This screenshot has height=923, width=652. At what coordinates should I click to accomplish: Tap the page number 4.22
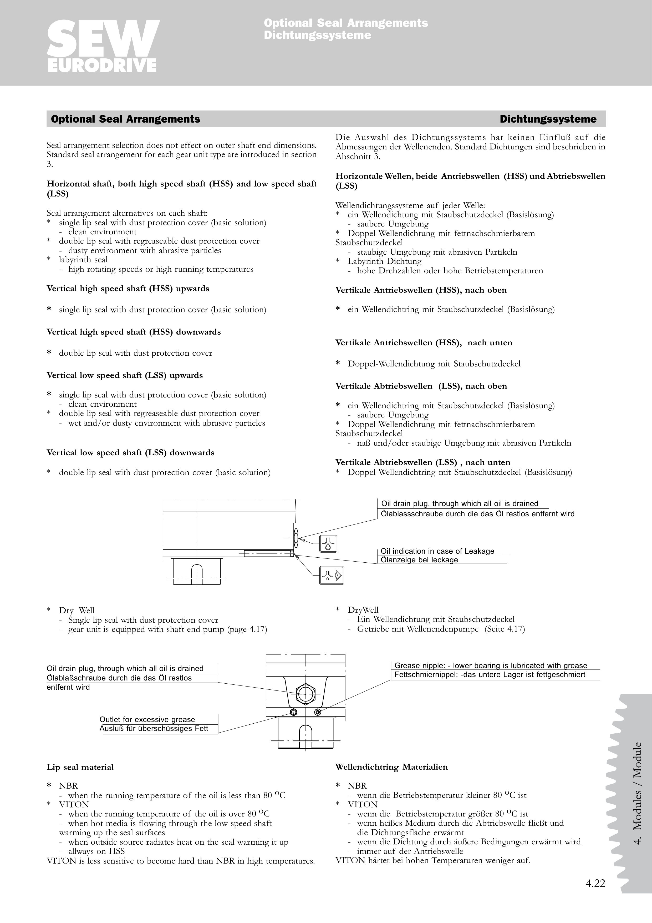pos(595,883)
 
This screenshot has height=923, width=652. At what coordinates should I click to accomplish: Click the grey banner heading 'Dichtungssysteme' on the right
pos(548,119)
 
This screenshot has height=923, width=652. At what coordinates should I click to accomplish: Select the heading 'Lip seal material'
pos(80,767)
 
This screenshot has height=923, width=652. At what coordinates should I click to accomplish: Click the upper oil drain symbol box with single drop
pos(328,544)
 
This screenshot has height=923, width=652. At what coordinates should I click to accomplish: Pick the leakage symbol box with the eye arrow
pos(332,575)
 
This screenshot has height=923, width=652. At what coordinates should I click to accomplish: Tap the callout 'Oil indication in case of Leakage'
pos(437,551)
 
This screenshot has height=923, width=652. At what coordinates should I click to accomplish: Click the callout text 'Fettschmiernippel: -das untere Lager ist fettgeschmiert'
pos(490,675)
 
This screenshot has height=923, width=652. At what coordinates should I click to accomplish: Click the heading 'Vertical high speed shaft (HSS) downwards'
pos(134,332)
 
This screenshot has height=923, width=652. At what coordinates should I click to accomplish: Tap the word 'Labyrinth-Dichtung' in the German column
pos(384,261)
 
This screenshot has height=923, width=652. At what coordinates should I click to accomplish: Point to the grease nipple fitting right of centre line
pos(318,712)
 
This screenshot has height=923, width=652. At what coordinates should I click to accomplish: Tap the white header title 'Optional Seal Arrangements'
pos(346,23)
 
